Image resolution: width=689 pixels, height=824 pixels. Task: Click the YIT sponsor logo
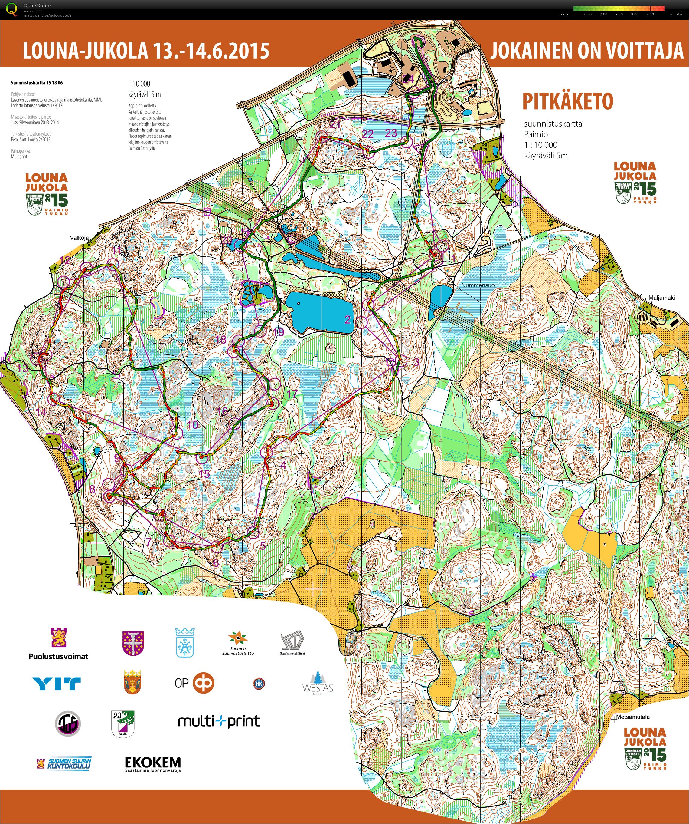[x=57, y=684]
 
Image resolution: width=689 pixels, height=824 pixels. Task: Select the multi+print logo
[x=218, y=721]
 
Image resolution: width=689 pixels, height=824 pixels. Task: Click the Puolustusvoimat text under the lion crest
[x=58, y=657]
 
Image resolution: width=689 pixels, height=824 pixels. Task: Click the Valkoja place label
[x=79, y=238]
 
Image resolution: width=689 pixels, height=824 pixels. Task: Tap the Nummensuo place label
[x=478, y=285]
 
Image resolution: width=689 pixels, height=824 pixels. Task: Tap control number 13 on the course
[x=23, y=368]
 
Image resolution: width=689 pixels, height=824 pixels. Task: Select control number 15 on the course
[x=204, y=474]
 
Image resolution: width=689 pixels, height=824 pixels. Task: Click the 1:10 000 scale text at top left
[x=139, y=84]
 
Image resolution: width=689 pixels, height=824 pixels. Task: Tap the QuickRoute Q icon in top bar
[x=12, y=9]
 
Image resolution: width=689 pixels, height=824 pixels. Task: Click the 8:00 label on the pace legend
[x=635, y=14]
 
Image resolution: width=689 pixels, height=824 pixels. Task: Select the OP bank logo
[x=194, y=683]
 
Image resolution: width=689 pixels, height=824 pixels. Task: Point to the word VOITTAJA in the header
[x=644, y=51]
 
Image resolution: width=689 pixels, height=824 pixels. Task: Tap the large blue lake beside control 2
[x=318, y=312]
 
